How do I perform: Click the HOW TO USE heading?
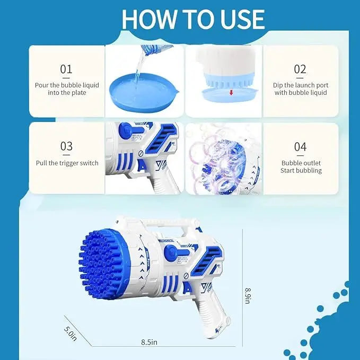point(192,19)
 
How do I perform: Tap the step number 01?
point(66,69)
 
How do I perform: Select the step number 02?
point(300,69)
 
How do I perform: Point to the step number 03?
point(66,146)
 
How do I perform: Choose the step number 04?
point(301,146)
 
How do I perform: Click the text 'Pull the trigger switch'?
point(67,163)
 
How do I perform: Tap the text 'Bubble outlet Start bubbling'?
point(301,166)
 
